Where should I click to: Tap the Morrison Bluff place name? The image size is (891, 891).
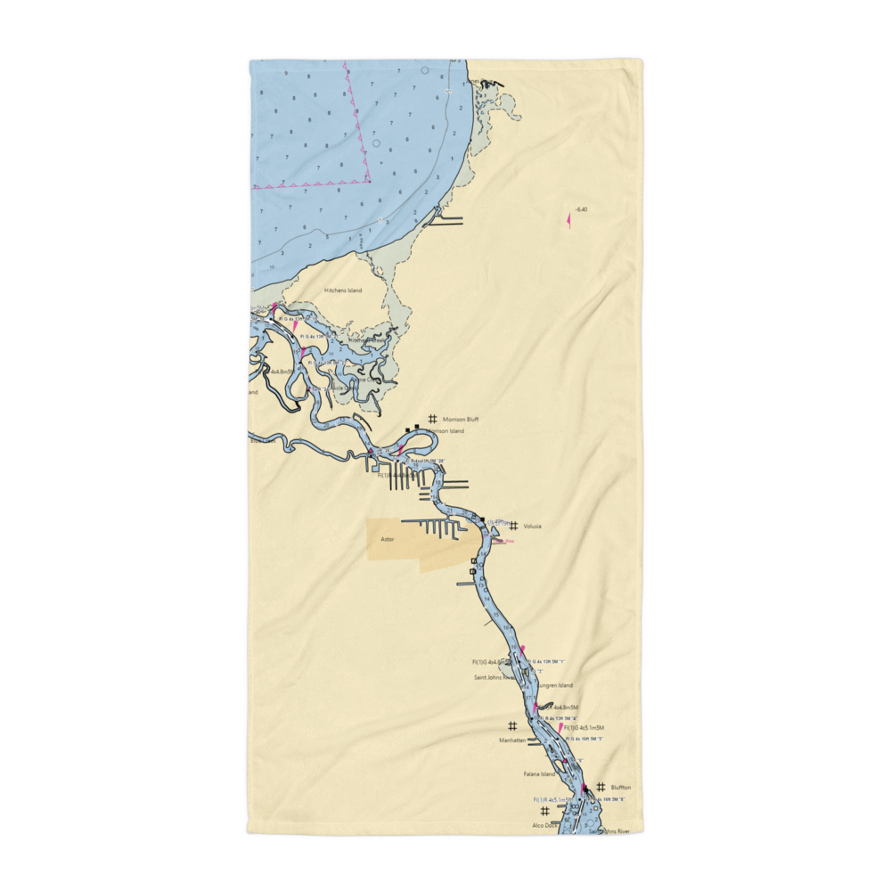point(461,419)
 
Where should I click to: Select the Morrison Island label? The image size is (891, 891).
point(445,431)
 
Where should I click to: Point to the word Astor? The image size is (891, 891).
point(388,540)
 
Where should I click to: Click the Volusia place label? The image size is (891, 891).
point(533,527)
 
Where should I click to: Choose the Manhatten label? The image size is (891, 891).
point(513,740)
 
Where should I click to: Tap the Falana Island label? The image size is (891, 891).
point(539,774)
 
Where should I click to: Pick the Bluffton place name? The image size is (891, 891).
point(621,788)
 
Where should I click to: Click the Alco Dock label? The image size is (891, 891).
point(544,826)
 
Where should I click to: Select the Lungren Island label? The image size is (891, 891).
point(553,685)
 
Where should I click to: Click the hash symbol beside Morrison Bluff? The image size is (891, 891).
point(433,418)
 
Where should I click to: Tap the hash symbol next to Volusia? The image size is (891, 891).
point(514,526)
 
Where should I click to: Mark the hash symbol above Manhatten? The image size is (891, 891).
point(512,726)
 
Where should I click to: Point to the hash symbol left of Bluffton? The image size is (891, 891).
point(601,787)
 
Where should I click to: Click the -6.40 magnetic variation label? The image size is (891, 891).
point(582,210)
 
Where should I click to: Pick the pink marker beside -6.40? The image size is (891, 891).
point(568,219)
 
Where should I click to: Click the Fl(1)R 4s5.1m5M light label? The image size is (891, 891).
point(552,800)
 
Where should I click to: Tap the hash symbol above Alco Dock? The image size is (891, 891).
point(544,812)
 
